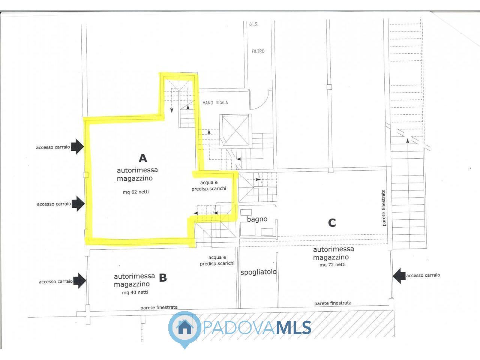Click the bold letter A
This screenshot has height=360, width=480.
coord(143,158)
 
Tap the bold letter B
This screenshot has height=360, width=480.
coord(163,278)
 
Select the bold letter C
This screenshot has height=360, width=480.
coord(332,223)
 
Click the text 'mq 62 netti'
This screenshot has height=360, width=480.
coord(136,192)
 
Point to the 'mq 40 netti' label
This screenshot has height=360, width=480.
coord(135,292)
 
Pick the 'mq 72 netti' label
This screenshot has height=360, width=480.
coord(332,265)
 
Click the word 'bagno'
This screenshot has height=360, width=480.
coord(257,219)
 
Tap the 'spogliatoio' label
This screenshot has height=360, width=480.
coord(258,272)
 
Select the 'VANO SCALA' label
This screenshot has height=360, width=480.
coord(215,102)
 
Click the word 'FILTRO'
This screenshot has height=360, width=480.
coord(258,51)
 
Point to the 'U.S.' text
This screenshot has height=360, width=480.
coord(254,24)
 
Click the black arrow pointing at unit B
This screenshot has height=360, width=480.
coord(80,280)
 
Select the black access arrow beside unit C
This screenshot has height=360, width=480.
coord(399,276)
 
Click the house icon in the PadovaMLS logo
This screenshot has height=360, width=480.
coord(184,328)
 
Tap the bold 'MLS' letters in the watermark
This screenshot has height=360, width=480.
coord(293,328)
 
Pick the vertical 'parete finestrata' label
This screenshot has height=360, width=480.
coord(384,208)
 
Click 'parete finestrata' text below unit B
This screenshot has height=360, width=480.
coord(159,307)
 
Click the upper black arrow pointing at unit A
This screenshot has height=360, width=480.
coord(77,147)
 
